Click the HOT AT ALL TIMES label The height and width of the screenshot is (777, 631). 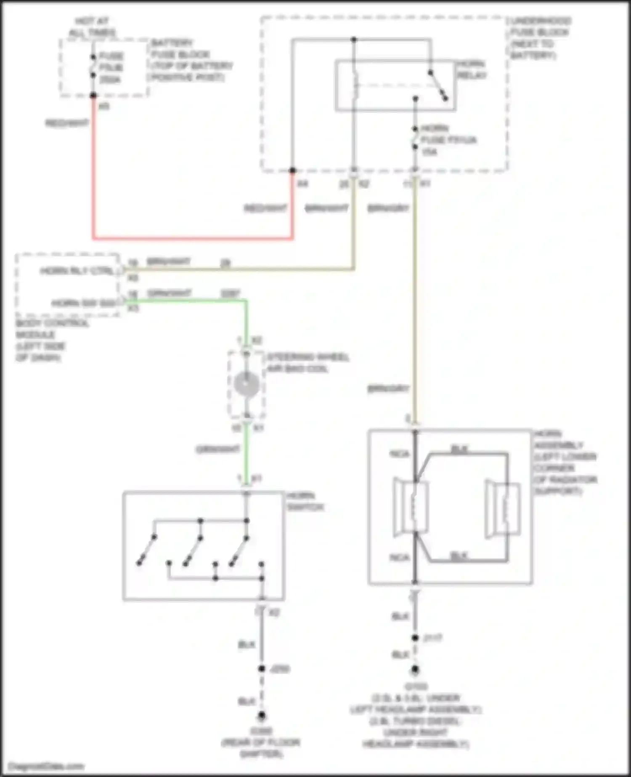pyautogui.click(x=92, y=27)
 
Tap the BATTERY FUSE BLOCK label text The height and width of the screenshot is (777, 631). pyautogui.click(x=191, y=60)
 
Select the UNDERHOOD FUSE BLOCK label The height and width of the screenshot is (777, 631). pyautogui.click(x=541, y=38)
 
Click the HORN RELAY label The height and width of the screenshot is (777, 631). pyautogui.click(x=472, y=69)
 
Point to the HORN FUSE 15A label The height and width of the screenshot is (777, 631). pyautogui.click(x=448, y=140)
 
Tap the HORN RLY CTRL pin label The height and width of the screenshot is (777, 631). pyautogui.click(x=77, y=271)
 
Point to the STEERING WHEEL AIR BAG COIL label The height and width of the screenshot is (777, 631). pyautogui.click(x=308, y=363)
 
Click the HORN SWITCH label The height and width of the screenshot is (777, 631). pyautogui.click(x=305, y=501)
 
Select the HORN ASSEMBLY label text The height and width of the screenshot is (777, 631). pyautogui.click(x=565, y=462)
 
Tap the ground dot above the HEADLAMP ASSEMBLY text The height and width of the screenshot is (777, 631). pyautogui.click(x=415, y=669)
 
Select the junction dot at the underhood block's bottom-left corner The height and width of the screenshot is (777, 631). pyautogui.click(x=292, y=170)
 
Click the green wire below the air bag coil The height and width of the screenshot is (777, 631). pyautogui.click(x=247, y=450)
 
